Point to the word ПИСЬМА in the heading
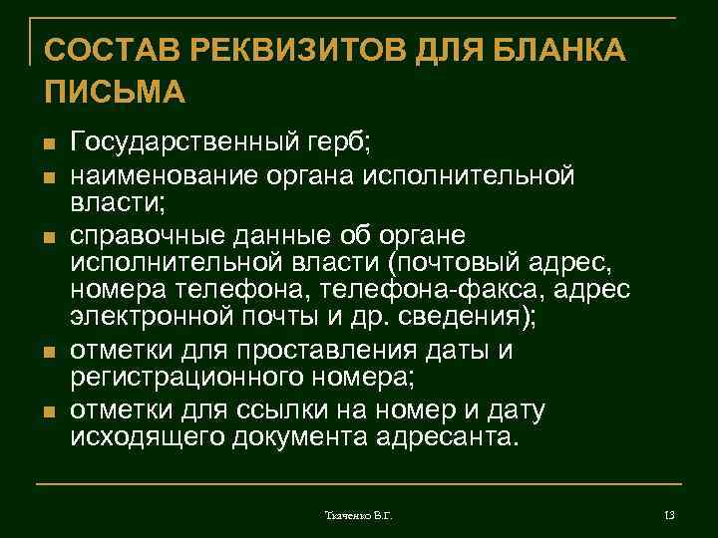point(115,92)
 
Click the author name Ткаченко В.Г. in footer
point(359,514)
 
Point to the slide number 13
point(669,514)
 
